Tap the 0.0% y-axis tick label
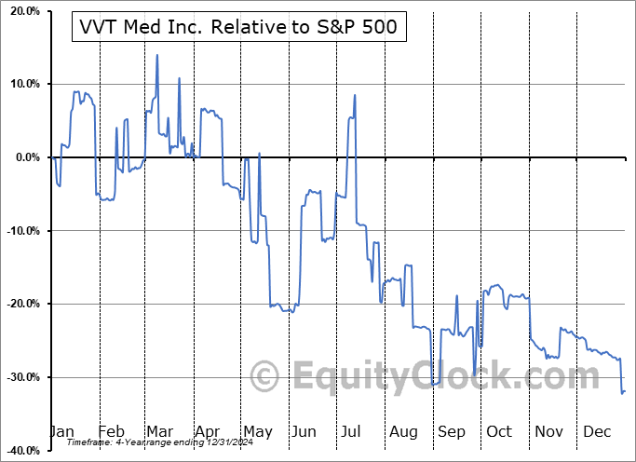[23, 157]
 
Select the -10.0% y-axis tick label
[20, 231]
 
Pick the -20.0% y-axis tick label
[20, 304]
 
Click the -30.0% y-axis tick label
[20, 377]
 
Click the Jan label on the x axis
[61, 431]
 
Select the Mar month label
[159, 431]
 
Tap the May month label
[258, 431]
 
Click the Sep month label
[453, 431]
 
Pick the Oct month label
[500, 431]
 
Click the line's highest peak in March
[156, 55]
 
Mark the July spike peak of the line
[355, 95]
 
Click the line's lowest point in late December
[622, 393]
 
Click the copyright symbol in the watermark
[265, 376]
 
